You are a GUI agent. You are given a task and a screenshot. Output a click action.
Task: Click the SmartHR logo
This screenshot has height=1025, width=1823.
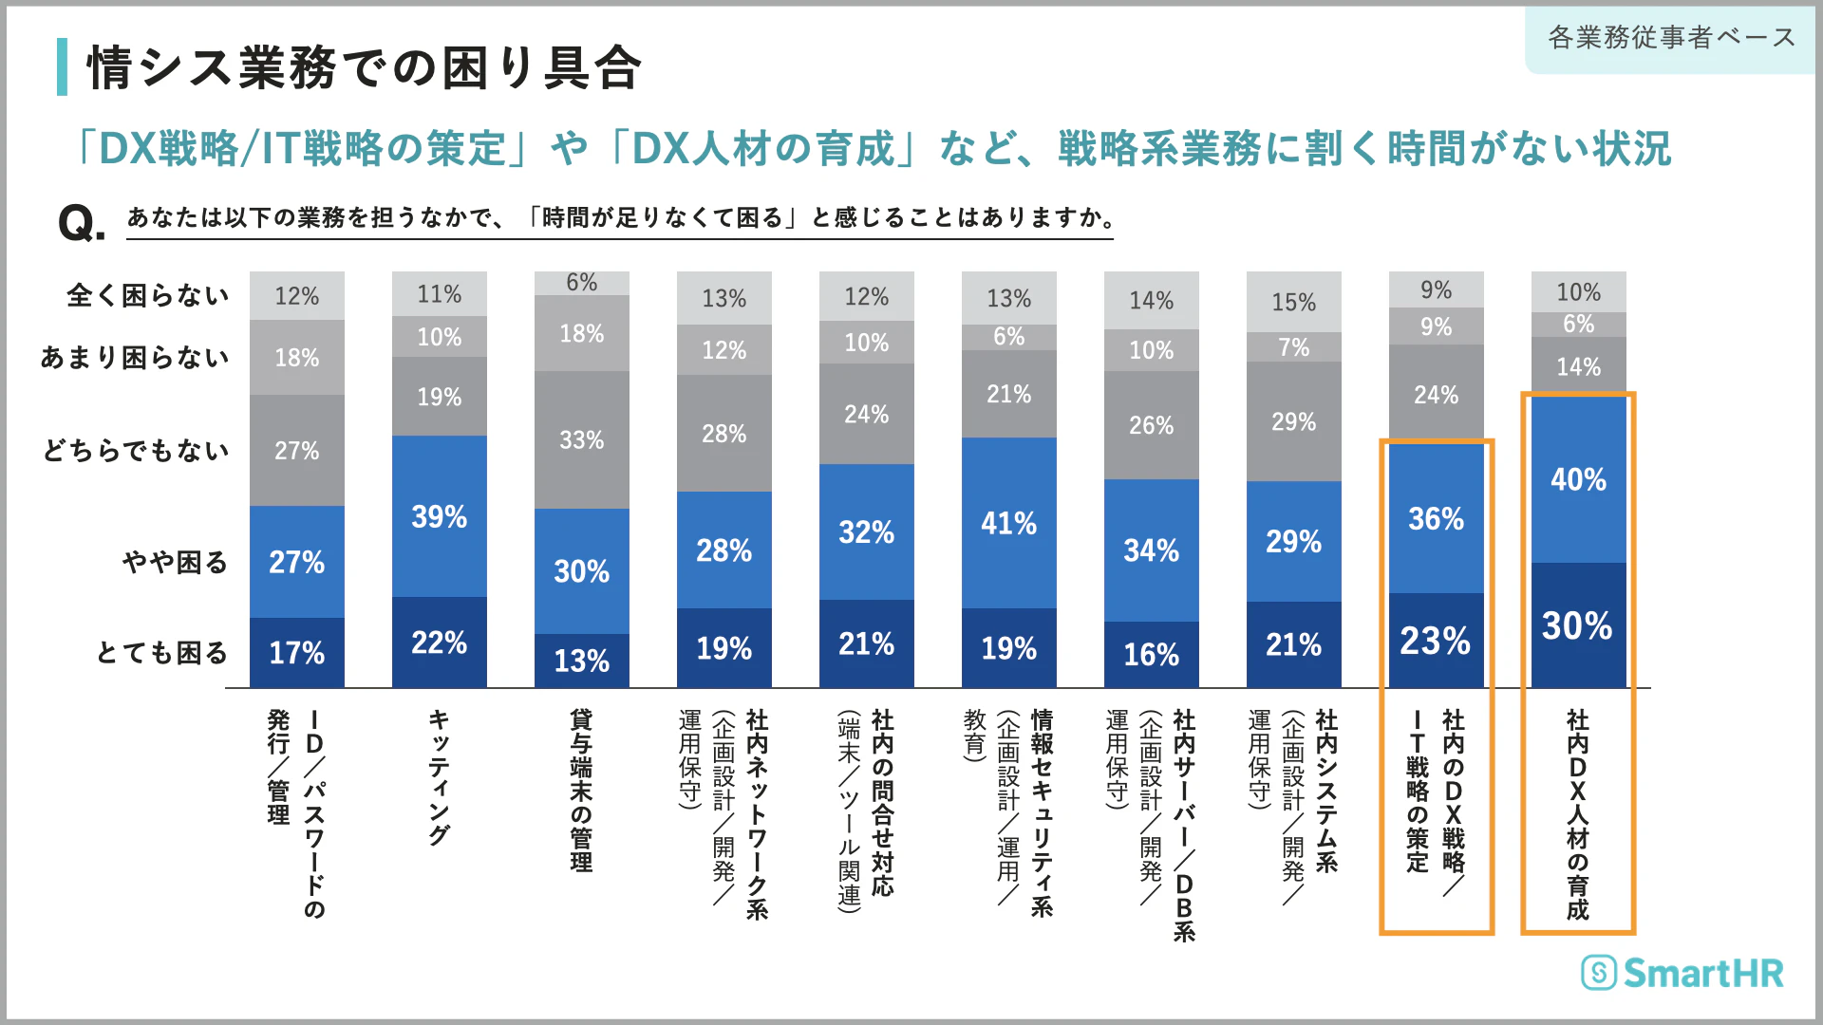point(1682,973)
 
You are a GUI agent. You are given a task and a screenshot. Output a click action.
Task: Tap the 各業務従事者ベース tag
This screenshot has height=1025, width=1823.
point(1671,38)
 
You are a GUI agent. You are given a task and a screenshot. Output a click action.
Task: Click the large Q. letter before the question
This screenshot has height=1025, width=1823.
point(81,224)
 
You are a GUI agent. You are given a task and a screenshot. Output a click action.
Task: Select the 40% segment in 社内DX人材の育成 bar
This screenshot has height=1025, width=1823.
point(1578,479)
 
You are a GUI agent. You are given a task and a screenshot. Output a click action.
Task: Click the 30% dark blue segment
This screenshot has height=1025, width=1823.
point(1578,625)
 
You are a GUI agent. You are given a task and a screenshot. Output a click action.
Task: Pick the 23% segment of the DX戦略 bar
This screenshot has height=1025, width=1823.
point(1436,641)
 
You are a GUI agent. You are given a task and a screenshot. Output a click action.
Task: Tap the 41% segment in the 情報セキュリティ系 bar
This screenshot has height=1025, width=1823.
point(1008,523)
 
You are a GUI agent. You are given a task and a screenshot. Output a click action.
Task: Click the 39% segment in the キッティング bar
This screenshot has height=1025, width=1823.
point(439,516)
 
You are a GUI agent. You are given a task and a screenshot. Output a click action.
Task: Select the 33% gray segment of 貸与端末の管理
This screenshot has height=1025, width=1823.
point(581,439)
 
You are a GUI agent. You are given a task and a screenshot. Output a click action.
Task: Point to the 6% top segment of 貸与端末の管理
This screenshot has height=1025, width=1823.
point(581,283)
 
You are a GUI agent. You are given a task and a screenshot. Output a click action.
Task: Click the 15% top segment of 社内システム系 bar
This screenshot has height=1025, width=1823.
point(1293,302)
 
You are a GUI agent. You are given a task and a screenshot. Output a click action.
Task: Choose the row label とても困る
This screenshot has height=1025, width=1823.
point(162,653)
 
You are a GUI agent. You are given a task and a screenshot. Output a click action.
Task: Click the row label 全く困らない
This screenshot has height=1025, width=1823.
point(148,295)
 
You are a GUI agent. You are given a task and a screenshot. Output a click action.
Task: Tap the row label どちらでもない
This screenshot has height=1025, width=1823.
point(136,450)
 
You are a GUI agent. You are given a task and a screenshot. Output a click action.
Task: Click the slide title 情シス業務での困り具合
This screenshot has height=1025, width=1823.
point(365,68)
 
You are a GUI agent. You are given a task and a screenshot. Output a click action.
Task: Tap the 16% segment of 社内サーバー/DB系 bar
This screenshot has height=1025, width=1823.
point(1151,654)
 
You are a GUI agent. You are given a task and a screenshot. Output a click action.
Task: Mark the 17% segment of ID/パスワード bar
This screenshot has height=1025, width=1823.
point(296,653)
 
